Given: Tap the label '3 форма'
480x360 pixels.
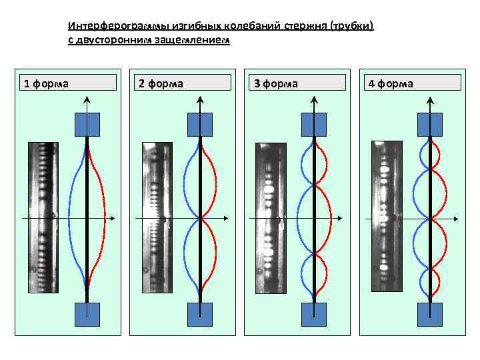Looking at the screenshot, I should coord(275,83).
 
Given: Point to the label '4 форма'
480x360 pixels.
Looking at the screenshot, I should coord(389,83).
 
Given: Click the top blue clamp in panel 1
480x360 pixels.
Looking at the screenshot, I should coord(87,124).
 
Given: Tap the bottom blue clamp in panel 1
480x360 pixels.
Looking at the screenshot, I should coord(87,314).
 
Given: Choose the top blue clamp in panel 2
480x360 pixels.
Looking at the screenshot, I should coord(200,124).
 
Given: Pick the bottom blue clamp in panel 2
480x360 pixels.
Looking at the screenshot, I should coord(200,314).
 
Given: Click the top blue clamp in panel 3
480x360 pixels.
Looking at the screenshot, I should coord(314,124).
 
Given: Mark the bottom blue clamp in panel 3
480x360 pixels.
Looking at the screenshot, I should coord(314,314).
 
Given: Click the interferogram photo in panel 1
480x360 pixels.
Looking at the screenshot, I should coord(43,217).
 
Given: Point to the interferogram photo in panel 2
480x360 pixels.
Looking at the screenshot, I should coord(157,217).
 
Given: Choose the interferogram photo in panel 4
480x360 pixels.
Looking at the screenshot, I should coord(386,217).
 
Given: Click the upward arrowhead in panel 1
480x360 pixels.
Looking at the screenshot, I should coord(87,101).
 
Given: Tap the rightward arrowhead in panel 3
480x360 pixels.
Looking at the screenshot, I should coord(342,218).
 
